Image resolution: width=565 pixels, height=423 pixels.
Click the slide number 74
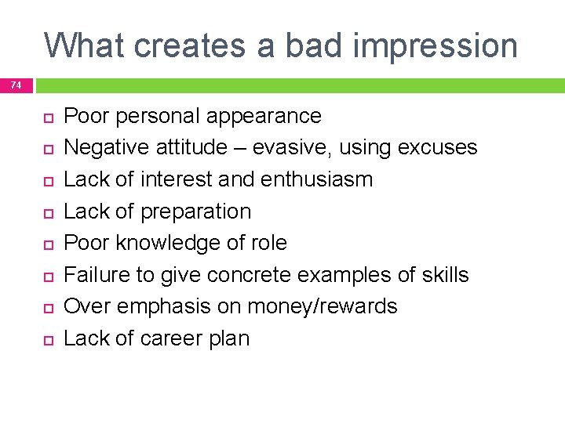(x=16, y=85)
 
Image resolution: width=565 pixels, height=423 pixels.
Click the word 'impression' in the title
(x=436, y=45)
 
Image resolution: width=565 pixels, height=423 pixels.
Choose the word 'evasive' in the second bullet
(x=297, y=147)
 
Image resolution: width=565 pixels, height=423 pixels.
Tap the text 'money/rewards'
(x=323, y=306)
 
